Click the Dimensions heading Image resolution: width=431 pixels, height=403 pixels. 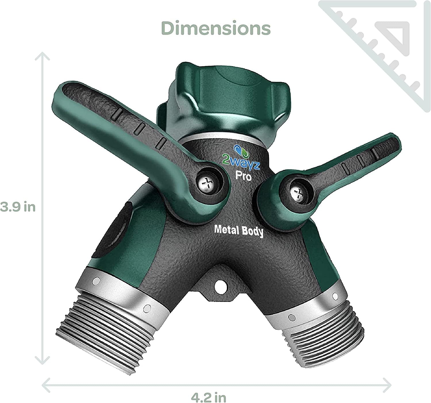click(x=216, y=28)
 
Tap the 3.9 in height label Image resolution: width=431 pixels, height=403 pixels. click(x=18, y=207)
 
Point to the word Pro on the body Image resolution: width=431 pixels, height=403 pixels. click(x=243, y=176)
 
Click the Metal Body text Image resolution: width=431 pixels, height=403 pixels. click(x=239, y=231)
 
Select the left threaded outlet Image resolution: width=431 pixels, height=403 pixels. click(x=106, y=334)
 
